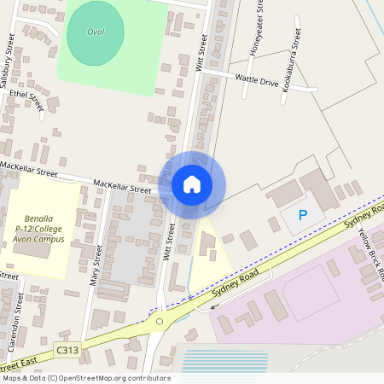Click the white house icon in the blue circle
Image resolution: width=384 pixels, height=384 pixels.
192,183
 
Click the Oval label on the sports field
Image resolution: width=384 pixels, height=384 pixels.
96,32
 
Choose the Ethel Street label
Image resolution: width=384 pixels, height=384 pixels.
26,101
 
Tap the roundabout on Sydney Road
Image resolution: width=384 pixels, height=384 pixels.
159,322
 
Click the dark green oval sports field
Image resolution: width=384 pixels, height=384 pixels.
95,33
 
